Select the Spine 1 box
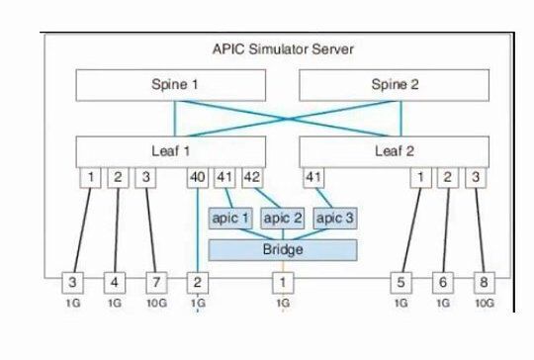(174, 85)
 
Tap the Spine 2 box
(395, 85)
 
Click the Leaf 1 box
(174, 151)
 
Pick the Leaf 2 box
(395, 151)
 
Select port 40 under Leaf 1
(199, 178)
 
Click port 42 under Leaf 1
(251, 178)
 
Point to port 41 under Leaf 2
(314, 178)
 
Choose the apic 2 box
(282, 218)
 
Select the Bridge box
(282, 250)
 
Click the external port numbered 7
(155, 281)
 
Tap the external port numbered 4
(115, 281)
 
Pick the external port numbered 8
(483, 281)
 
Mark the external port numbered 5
(400, 281)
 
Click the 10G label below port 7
(155, 304)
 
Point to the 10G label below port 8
(483, 304)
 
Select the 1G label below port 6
(442, 304)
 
